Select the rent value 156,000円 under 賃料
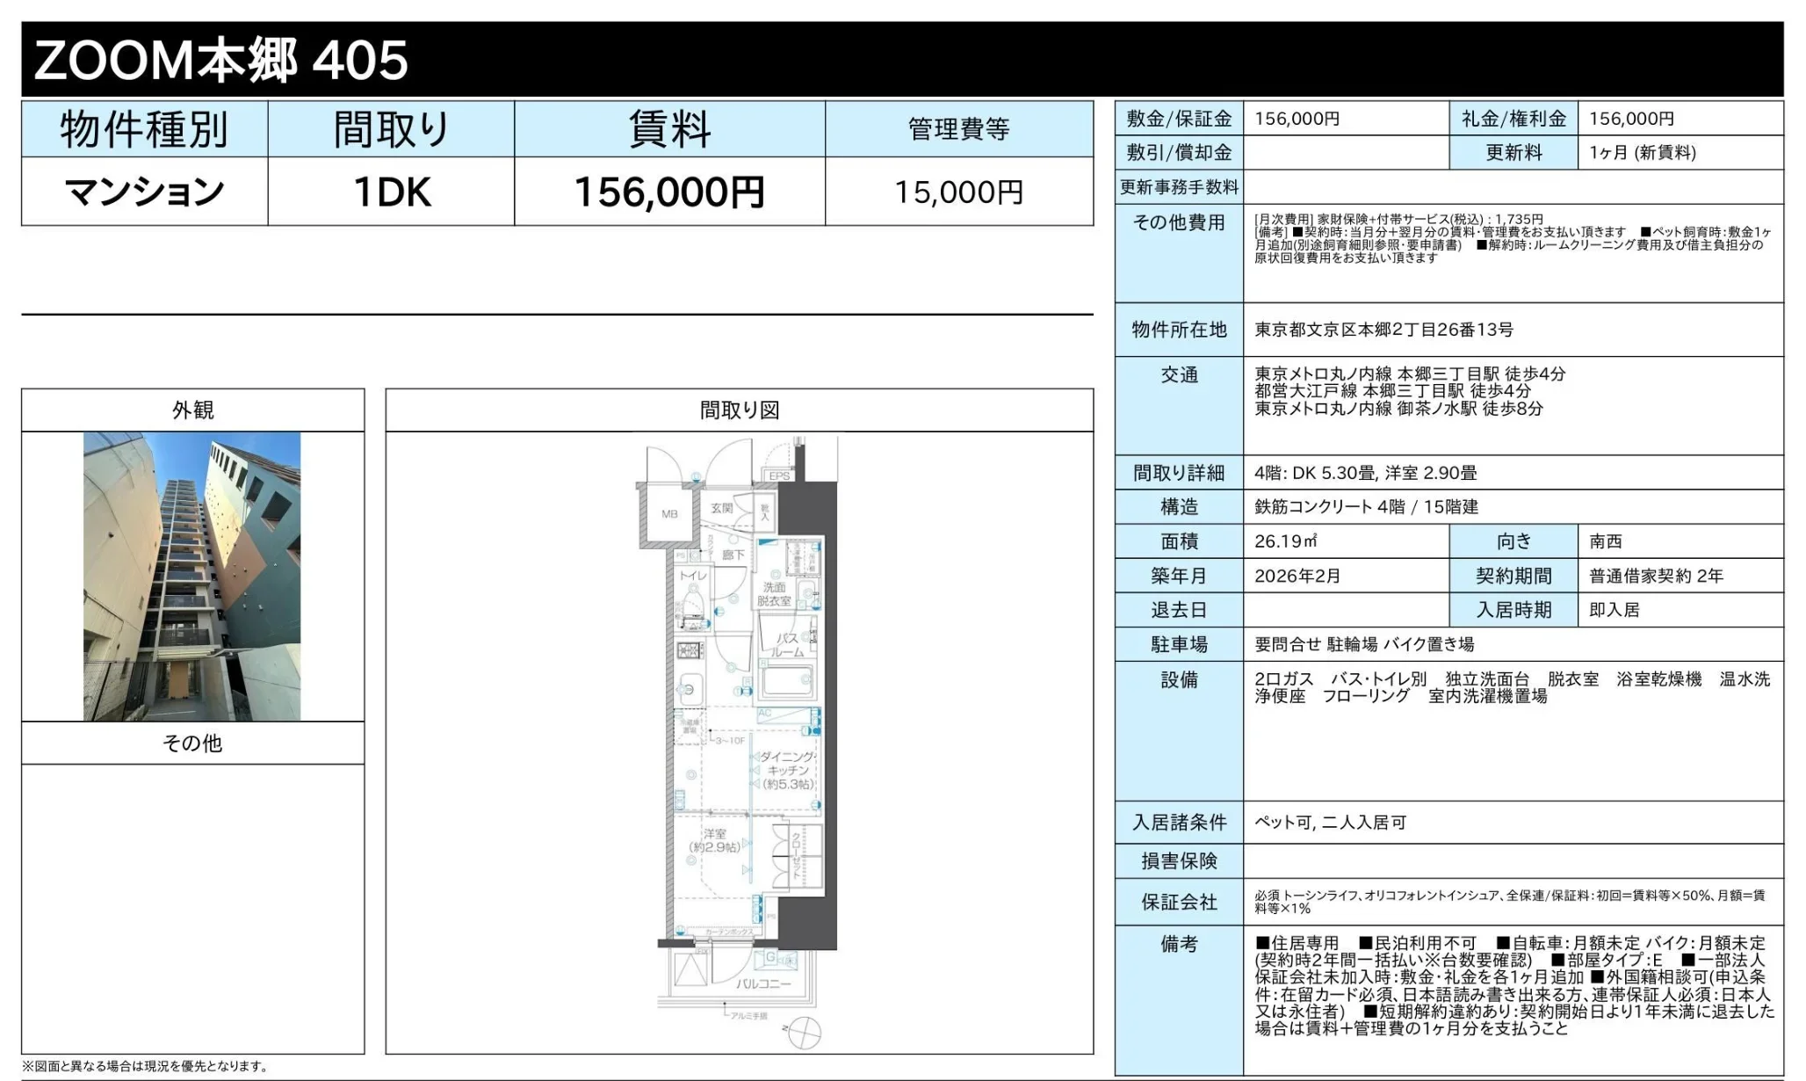(x=669, y=192)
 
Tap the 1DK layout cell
(x=391, y=192)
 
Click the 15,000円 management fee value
(x=958, y=192)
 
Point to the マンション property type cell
(x=145, y=192)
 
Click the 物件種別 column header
(x=145, y=129)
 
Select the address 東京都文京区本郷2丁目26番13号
(x=1383, y=330)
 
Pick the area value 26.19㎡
(x=1285, y=541)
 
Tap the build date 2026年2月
(x=1297, y=576)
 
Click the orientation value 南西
(x=1606, y=541)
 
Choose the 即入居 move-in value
(x=1615, y=610)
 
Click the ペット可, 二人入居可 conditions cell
(x=1330, y=823)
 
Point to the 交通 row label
(x=1179, y=375)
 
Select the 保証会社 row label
(x=1179, y=902)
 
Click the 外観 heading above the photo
(x=192, y=410)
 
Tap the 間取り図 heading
(x=740, y=410)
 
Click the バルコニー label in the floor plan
(x=763, y=983)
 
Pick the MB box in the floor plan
(x=669, y=514)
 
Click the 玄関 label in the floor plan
(x=722, y=508)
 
